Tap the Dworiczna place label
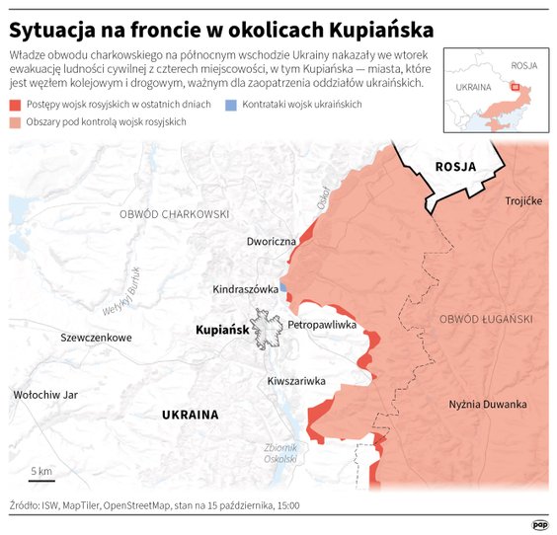pyautogui.click(x=274, y=241)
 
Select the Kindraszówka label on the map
pyautogui.click(x=245, y=289)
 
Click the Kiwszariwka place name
pyautogui.click(x=296, y=380)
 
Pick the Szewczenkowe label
pyautogui.click(x=96, y=338)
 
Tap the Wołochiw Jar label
pyautogui.click(x=44, y=395)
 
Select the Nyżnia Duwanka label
pyautogui.click(x=488, y=404)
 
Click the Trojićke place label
pyautogui.click(x=523, y=201)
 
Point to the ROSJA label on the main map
pyautogui.click(x=455, y=166)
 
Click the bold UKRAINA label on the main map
pyautogui.click(x=190, y=415)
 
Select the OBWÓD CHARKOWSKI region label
pyautogui.click(x=174, y=214)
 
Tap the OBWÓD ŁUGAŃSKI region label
pyautogui.click(x=486, y=319)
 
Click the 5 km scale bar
pyautogui.click(x=41, y=480)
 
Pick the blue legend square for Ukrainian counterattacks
pyautogui.click(x=230, y=105)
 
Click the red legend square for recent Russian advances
pyautogui.click(x=14, y=105)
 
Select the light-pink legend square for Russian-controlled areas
pyautogui.click(x=14, y=121)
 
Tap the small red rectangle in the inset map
pyautogui.click(x=514, y=87)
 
